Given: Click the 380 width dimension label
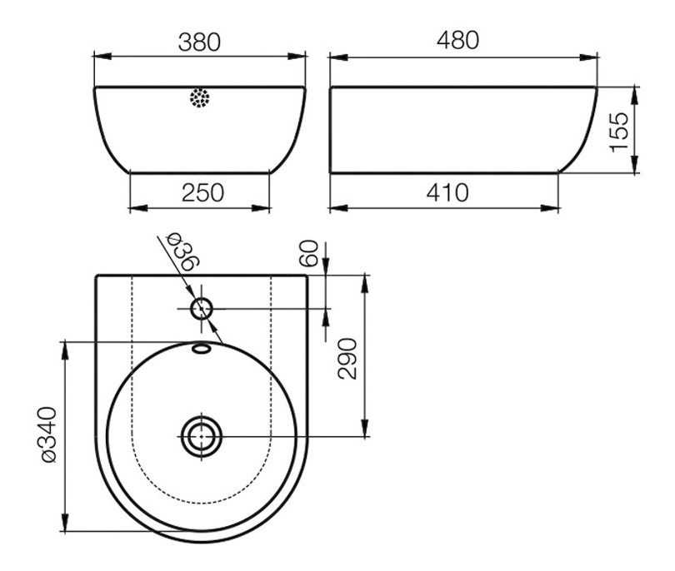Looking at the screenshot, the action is [199, 42].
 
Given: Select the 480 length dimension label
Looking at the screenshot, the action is [457, 40].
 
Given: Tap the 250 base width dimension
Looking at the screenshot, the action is [202, 192].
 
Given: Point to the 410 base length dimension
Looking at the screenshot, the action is [447, 192].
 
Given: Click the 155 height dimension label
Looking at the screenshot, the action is [619, 132].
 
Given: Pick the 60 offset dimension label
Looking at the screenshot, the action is [308, 253].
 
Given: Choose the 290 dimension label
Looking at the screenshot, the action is [347, 359].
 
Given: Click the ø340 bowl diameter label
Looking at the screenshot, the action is [49, 434].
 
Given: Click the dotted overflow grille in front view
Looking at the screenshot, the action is [200, 98].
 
